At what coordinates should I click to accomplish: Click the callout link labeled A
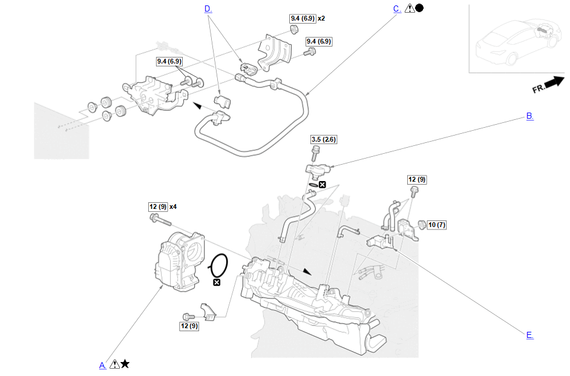(x=102, y=364)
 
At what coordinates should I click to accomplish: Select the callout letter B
(x=529, y=116)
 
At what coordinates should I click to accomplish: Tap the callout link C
(x=396, y=8)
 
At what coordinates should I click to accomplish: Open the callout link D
(x=208, y=8)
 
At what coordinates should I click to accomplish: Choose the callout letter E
(x=529, y=335)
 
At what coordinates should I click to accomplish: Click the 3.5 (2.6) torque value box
(x=323, y=139)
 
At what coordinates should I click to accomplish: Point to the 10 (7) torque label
(x=436, y=225)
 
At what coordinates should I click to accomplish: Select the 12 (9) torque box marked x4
(x=157, y=206)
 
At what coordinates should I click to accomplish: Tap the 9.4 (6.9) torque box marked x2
(x=302, y=18)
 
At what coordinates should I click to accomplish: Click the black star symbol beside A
(x=125, y=364)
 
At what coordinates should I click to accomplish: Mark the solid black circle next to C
(x=419, y=8)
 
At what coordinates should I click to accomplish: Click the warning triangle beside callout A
(x=114, y=364)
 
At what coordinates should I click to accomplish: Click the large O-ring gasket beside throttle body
(x=218, y=265)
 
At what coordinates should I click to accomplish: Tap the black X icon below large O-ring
(x=217, y=282)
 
